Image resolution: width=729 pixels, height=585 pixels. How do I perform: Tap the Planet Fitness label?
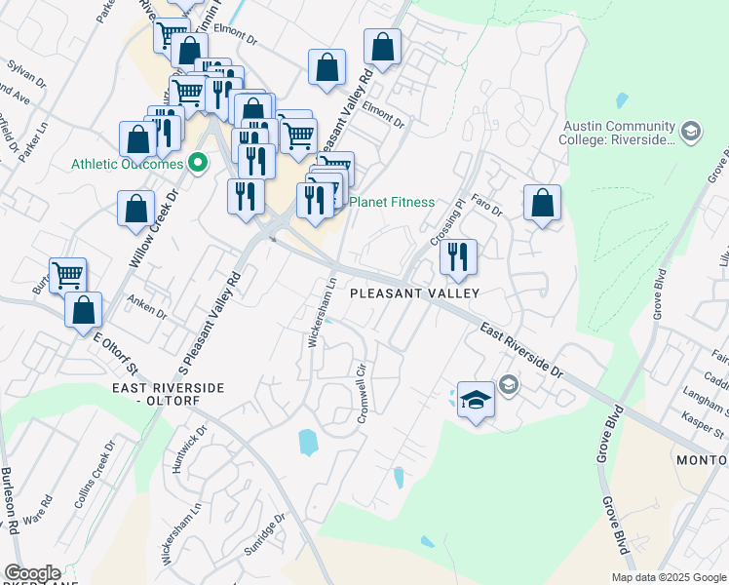[x=393, y=203]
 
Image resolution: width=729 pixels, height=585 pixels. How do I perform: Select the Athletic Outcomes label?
[x=127, y=164]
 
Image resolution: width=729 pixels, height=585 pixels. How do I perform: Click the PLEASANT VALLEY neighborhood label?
[x=414, y=292]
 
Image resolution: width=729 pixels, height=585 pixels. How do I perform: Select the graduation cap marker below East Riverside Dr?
[x=476, y=401]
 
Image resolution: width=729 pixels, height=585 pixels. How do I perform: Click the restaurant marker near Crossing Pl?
[x=457, y=257]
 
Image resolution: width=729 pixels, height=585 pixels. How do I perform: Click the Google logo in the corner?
[x=31, y=573]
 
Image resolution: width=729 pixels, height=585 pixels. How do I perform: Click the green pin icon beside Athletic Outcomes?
[x=199, y=164]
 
